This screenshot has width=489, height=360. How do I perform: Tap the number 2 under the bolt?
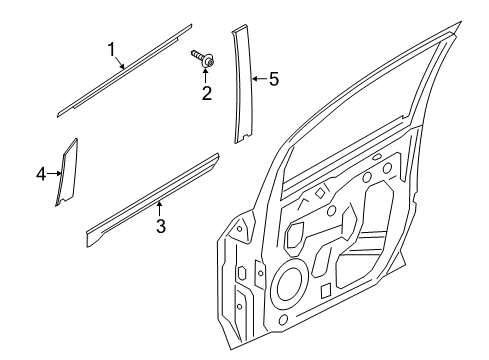tap(206, 95)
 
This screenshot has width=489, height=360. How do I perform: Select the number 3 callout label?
tap(160, 225)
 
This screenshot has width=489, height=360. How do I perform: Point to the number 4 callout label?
tap(42, 174)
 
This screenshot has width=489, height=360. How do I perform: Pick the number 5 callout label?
tap(273, 80)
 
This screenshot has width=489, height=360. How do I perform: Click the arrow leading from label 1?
tap(119, 61)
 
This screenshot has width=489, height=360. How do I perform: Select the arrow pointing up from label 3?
tap(159, 208)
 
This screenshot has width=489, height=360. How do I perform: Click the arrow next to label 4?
tap(57, 174)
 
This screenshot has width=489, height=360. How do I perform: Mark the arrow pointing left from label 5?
tap(256, 80)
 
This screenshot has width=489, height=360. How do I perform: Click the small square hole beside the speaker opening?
tap(326, 291)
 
